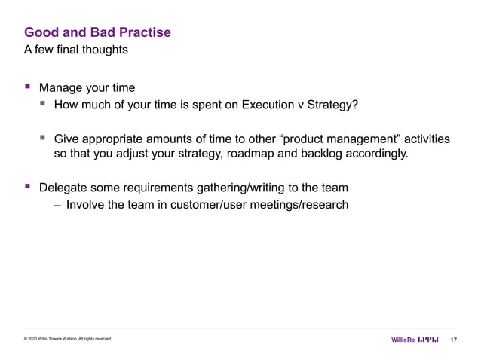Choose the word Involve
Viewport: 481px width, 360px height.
pos(87,204)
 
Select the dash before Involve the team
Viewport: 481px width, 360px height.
pos(57,204)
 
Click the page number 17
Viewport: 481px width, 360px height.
pos(453,340)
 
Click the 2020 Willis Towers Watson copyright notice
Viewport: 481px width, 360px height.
pos(68,340)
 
